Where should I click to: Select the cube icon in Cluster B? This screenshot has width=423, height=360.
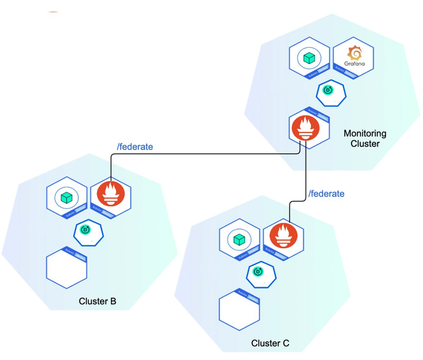tap(66, 197)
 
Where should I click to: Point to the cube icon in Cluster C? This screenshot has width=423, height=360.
tap(239, 240)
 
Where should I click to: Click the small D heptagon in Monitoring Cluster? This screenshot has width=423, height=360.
tap(330, 90)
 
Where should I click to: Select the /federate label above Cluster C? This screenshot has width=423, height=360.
tap(326, 193)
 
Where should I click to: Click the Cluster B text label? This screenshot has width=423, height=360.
tap(98, 301)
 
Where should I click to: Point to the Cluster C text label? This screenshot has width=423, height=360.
tap(270, 343)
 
